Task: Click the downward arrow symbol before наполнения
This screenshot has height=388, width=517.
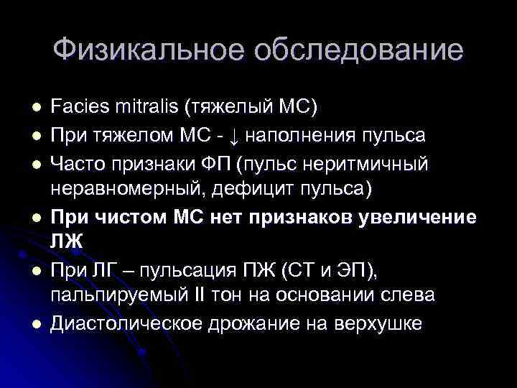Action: (x=236, y=136)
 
